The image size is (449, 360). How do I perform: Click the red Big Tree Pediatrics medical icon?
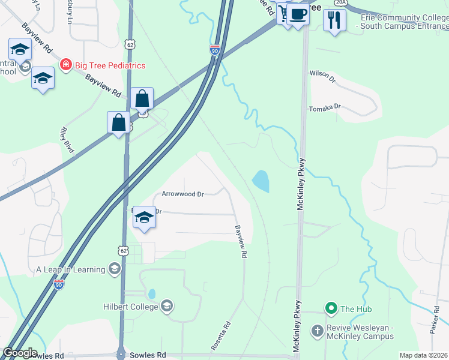(x=65, y=65)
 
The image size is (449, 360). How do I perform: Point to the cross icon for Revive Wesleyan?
(x=318, y=331)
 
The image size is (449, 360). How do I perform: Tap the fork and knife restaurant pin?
(x=334, y=19)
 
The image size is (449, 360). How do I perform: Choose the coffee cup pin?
(x=297, y=13)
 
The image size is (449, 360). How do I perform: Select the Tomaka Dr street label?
(x=325, y=108)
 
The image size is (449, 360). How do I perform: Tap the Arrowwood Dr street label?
(x=183, y=194)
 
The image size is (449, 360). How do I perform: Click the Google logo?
(x=19, y=353)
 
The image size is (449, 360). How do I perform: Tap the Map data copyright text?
(x=424, y=355)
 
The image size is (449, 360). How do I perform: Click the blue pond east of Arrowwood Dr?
(x=261, y=181)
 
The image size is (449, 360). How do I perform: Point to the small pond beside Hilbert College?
(x=152, y=294)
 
